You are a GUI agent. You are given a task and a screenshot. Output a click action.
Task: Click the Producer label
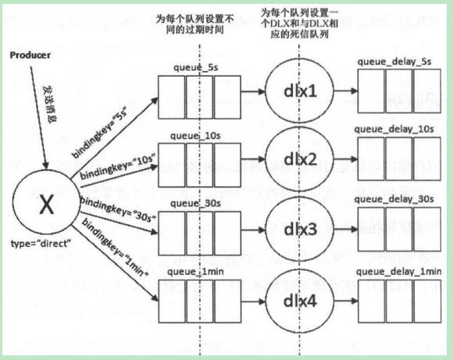[x=30, y=55]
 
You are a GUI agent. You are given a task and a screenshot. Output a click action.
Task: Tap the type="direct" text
[x=41, y=244]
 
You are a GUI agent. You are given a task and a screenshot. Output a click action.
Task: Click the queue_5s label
[x=195, y=68]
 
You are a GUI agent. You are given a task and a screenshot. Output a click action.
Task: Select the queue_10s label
[x=195, y=136]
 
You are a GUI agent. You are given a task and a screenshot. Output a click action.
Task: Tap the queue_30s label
[x=195, y=203]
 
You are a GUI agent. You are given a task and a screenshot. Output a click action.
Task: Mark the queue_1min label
[x=195, y=272]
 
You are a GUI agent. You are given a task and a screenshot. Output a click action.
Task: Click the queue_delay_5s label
[x=394, y=62]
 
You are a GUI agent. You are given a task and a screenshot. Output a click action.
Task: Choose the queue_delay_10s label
[x=394, y=129]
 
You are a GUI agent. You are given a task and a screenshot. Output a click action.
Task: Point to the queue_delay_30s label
[x=394, y=199]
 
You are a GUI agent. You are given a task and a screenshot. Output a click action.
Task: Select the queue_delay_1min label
[x=398, y=272]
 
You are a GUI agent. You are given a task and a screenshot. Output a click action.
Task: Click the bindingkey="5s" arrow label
[x=100, y=134]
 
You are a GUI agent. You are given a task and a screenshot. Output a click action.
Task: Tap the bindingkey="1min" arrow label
[x=115, y=248]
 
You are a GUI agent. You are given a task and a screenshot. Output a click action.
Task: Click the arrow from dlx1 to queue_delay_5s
[x=346, y=91]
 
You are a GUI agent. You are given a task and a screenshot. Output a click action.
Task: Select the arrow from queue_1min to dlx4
[x=253, y=301]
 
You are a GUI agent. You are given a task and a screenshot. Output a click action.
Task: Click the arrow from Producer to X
[x=38, y=118]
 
